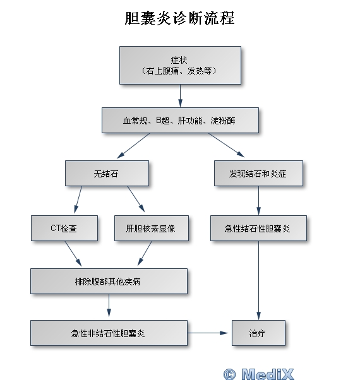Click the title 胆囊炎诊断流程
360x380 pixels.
click(179, 18)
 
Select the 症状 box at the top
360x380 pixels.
click(180, 66)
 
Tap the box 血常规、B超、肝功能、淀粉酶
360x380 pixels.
click(180, 121)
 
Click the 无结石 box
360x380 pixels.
click(107, 174)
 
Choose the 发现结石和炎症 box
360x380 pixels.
click(258, 174)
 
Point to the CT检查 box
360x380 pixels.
click(64, 229)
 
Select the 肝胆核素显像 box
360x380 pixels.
click(152, 229)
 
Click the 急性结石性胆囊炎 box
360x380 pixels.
click(258, 229)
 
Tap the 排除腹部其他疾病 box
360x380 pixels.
click(109, 282)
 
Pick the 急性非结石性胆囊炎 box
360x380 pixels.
click(109, 333)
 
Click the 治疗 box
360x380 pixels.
click(258, 333)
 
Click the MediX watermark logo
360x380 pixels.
click(259, 374)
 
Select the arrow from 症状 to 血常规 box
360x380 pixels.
click(180, 96)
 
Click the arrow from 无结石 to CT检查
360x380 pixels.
click(78, 199)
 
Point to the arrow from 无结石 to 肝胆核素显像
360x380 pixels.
click(136, 199)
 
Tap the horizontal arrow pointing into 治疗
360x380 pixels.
click(208, 333)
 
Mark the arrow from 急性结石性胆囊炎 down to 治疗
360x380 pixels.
click(258, 280)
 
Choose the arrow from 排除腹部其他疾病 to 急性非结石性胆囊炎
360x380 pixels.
click(109, 306)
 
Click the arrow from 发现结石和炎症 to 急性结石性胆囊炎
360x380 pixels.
click(258, 201)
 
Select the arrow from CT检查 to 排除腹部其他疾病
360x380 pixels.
click(73, 254)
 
